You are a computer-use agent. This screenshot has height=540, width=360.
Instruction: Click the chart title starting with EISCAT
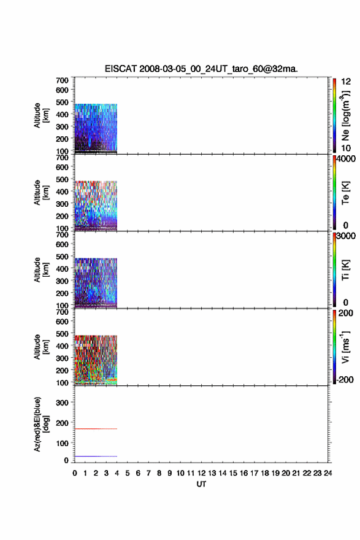[x=201, y=69]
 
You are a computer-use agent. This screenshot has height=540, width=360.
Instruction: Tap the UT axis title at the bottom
[x=201, y=484]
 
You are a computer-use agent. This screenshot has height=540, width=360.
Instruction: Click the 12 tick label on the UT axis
[x=201, y=473]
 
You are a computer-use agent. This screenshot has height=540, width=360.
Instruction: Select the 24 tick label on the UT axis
[x=327, y=473]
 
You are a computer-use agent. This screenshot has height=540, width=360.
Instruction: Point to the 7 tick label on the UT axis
[x=148, y=473]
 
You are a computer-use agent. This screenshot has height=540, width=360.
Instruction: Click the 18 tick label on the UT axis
[x=265, y=473]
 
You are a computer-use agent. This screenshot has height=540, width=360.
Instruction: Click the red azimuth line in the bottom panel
[x=96, y=429]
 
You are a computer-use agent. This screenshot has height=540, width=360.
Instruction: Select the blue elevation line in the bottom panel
[x=96, y=457]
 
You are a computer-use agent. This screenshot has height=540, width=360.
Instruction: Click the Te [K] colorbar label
[x=345, y=193]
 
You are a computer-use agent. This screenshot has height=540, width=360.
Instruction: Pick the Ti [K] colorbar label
[x=345, y=270]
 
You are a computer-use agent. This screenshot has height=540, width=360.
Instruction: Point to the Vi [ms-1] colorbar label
[x=345, y=347]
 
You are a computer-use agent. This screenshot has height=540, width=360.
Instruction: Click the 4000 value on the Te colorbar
[x=346, y=159]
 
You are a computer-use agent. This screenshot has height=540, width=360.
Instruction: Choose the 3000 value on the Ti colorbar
[x=346, y=236]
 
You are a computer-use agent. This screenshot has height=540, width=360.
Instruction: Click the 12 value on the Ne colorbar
[x=347, y=82]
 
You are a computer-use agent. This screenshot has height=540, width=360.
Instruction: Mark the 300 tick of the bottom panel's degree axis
[x=62, y=403]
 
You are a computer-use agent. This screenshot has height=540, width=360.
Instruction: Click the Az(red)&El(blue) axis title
[x=42, y=424]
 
